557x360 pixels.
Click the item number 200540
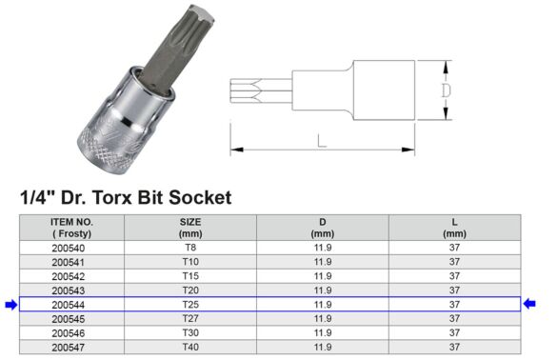pyautogui.click(x=71, y=248)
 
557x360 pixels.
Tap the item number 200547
pyautogui.click(x=71, y=347)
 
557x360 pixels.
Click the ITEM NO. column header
pyautogui.click(x=71, y=227)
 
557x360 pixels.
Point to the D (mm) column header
pyautogui.click(x=322, y=227)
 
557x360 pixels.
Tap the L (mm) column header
pyautogui.click(x=454, y=227)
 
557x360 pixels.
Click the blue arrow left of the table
pyautogui.click(x=10, y=305)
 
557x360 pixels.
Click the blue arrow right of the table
pyautogui.click(x=529, y=305)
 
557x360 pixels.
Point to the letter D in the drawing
pyautogui.click(x=446, y=91)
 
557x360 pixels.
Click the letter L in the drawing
pyautogui.click(x=322, y=140)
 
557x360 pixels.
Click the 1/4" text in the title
pyautogui.click(x=36, y=198)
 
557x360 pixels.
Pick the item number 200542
pyautogui.click(x=71, y=276)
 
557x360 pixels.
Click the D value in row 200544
pyautogui.click(x=322, y=305)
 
